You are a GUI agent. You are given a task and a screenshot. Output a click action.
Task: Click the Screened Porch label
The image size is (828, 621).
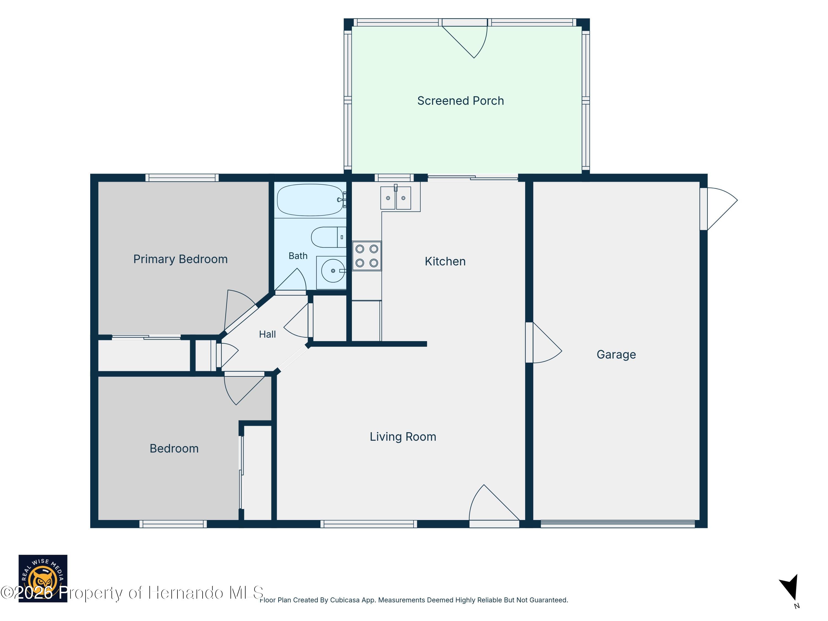pos(460,101)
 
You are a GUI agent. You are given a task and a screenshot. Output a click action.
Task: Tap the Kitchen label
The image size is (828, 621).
pos(445,261)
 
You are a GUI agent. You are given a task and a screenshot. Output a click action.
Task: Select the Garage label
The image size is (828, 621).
pos(616,354)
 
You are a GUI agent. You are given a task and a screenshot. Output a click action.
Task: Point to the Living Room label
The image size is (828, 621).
pos(403,436)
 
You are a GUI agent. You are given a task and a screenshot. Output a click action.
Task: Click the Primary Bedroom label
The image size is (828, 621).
pos(181,259)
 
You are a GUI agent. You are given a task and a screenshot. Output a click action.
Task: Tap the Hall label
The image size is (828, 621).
pos(267,334)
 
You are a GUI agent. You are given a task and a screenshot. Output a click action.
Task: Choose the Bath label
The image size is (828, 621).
pos(298,256)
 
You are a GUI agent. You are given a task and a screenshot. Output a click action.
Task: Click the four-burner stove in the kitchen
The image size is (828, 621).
pos(367,256)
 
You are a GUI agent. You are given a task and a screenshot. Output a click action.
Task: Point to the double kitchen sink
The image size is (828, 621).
pos(396,198)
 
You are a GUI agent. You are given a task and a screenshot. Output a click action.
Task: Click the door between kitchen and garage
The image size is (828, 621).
pos(543,343)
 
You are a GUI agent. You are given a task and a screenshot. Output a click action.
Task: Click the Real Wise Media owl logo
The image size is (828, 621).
pos(43,578)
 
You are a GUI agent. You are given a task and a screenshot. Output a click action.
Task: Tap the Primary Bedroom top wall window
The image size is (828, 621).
pos(182,178)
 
